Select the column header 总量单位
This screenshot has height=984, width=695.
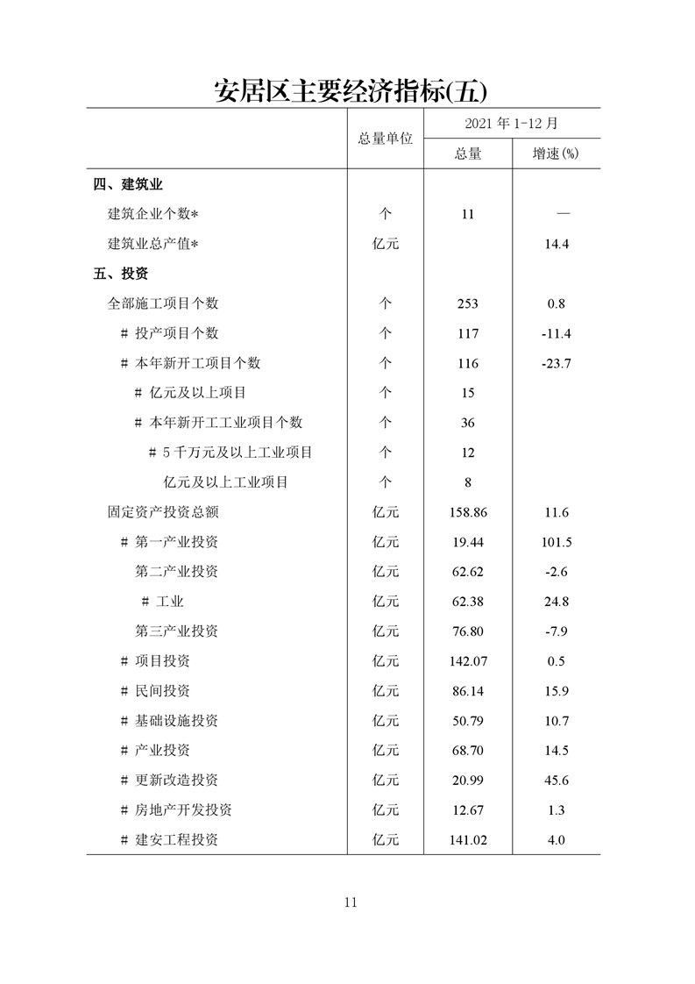385,139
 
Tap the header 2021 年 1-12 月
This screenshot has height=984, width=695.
512,124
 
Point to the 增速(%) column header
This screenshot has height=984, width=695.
556,153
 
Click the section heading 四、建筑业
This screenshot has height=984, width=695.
128,184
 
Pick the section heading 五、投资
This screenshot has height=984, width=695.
121,274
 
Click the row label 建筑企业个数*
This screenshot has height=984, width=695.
153,214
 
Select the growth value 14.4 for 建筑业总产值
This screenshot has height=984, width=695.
557,244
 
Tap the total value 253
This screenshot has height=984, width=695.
467,303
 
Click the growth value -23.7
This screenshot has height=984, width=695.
557,363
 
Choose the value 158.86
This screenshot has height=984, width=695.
467,512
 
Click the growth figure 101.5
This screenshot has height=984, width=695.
557,542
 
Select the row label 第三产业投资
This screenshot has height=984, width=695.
176,631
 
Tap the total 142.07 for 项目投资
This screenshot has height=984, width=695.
467,661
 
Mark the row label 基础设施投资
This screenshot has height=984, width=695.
175,721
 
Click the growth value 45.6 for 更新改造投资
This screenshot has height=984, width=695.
557,781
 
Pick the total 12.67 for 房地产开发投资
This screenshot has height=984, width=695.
467,810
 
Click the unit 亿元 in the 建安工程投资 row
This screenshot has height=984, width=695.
385,840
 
